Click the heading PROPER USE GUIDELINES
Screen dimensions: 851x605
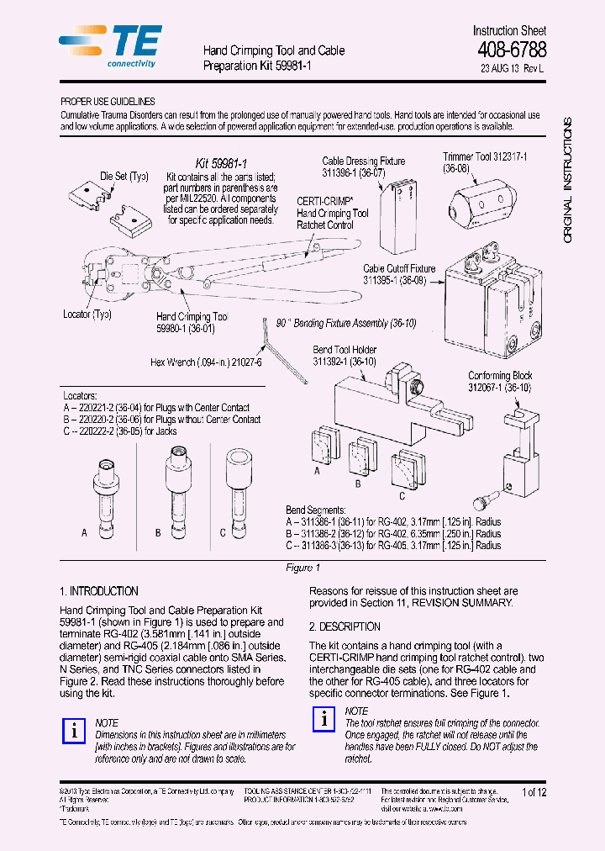(x=107, y=101)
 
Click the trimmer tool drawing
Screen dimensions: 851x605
(x=480, y=203)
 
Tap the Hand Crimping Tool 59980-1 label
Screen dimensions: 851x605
(x=192, y=323)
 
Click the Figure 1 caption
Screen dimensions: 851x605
(x=302, y=568)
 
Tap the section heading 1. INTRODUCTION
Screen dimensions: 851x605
(x=99, y=591)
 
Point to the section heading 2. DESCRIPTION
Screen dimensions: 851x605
(x=345, y=626)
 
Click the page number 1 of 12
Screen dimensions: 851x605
(x=534, y=792)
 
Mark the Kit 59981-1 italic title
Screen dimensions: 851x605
(x=220, y=162)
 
